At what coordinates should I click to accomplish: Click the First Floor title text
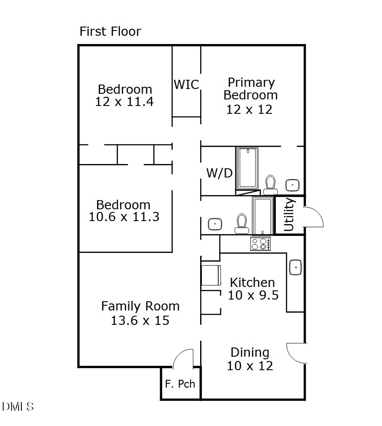point(110,31)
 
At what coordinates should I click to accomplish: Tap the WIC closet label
point(186,84)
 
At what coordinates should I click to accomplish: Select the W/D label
point(219,173)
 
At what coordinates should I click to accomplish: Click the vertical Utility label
point(289,215)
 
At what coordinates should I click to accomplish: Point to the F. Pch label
point(180,384)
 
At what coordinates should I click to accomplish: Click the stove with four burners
point(260,243)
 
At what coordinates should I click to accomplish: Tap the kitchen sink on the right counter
point(295,266)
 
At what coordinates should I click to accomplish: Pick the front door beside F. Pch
point(183,358)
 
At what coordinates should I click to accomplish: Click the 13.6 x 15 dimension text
point(140,320)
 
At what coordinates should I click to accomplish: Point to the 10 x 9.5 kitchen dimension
point(253,295)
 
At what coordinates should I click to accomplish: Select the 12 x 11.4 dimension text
point(124,102)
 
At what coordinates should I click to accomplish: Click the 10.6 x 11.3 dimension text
point(124,217)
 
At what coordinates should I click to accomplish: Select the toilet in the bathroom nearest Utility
point(241,223)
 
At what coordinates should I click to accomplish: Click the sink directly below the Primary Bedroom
point(293,184)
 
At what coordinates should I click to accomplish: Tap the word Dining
point(250,352)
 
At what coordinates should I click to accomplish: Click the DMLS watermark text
point(18,407)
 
